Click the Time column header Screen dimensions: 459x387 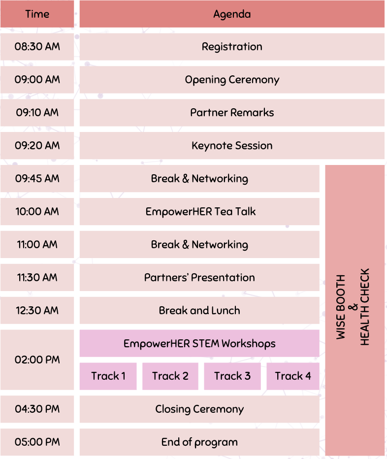click(37, 14)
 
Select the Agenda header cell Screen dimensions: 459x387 click(232, 14)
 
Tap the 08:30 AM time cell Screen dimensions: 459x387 click(37, 47)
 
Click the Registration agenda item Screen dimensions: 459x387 click(232, 47)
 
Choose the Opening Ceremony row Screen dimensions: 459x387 click(232, 80)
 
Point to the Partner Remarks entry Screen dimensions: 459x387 click(232, 113)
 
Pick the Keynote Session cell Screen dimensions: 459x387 click(232, 146)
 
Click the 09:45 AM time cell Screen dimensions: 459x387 click(37, 179)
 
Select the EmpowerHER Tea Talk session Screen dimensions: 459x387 click(200, 212)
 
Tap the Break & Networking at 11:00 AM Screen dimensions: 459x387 click(200, 245)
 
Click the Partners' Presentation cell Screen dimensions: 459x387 click(200, 278)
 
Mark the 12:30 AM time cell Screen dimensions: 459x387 click(37, 311)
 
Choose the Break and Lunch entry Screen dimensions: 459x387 click(200, 311)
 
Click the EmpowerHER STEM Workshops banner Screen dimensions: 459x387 click(200, 343)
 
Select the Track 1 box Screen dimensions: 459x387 click(108, 376)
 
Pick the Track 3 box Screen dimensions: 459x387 click(232, 376)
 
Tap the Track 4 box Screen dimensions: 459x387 click(293, 376)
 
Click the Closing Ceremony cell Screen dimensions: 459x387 click(200, 409)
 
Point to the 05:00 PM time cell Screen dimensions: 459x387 click(37, 442)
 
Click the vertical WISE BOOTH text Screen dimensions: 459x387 click(341, 307)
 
